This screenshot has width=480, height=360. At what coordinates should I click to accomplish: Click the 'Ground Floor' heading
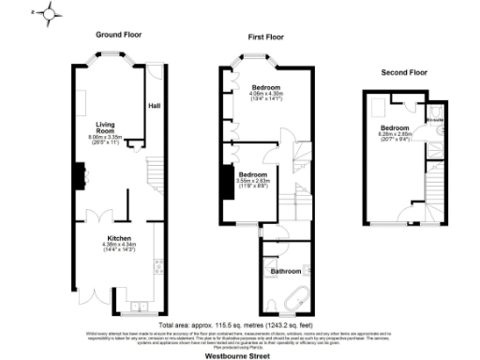point(119,34)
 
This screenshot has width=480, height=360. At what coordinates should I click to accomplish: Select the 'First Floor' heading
point(266,37)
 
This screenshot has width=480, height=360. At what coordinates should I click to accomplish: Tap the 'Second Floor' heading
point(403,72)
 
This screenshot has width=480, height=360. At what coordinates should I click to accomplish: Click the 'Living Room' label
point(104,127)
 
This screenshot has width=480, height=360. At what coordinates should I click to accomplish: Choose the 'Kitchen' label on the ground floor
point(118,238)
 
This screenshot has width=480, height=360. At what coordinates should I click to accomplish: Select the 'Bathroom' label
point(286,272)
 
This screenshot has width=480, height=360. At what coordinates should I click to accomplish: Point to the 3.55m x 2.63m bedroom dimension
point(252,182)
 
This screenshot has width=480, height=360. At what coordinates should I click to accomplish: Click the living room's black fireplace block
point(78,175)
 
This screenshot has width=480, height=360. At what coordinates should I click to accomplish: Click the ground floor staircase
point(151,178)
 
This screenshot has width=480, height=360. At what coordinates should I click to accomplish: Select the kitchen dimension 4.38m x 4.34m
point(118,247)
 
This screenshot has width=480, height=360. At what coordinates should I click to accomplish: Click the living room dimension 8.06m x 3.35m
point(104,139)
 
